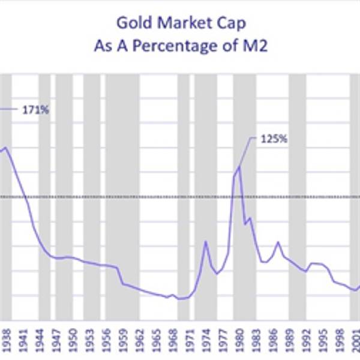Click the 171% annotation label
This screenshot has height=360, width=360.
pos(35,110)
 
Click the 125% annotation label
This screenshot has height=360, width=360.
pos(274,139)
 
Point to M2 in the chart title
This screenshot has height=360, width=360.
pos(256,46)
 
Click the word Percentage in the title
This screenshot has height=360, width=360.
pos(194,46)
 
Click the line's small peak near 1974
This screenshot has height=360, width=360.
pos(205,241)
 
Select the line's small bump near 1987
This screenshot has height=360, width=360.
pos(278,242)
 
